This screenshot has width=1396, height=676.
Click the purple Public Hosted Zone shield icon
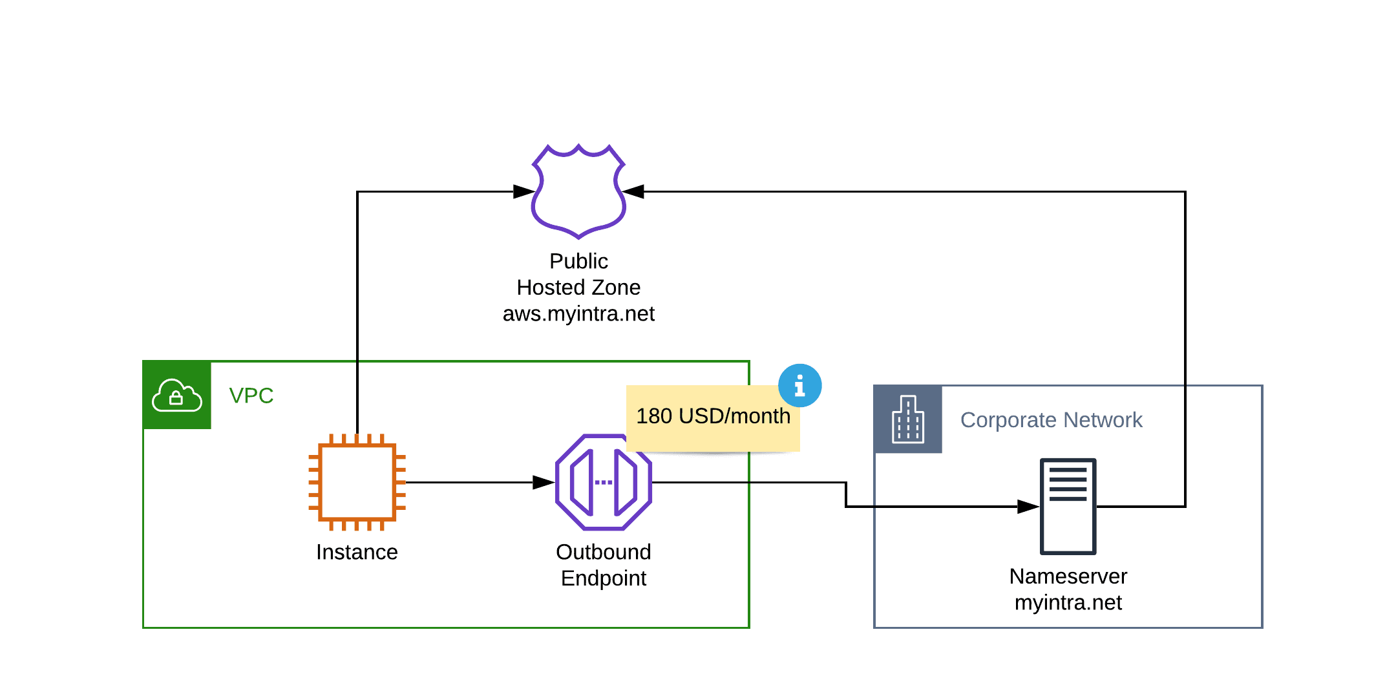click(x=578, y=191)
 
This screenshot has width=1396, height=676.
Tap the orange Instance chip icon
click(x=357, y=482)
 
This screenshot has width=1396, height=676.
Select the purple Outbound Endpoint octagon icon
click(x=604, y=482)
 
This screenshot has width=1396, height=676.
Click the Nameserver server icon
click(x=1068, y=506)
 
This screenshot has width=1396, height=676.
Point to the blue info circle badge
click(x=799, y=386)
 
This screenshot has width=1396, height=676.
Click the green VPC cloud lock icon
click(x=176, y=395)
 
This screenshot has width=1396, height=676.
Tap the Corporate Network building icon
click(x=907, y=419)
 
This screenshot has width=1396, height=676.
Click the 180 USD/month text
click(x=713, y=416)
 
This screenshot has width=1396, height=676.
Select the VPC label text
click(x=251, y=396)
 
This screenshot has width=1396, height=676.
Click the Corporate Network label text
click(x=1051, y=420)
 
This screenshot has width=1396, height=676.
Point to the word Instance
click(x=357, y=552)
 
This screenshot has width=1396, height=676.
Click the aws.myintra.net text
click(x=578, y=314)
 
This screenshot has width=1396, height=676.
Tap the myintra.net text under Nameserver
click(x=1068, y=603)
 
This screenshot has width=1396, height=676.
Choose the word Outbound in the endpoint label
click(x=603, y=552)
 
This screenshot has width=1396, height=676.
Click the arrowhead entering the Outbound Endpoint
click(x=544, y=482)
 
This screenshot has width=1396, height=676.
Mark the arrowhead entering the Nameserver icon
click(x=1028, y=507)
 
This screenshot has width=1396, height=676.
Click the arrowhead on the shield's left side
click(x=524, y=191)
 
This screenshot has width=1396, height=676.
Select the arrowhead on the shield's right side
click(x=633, y=191)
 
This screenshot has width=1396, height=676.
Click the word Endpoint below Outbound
click(x=603, y=578)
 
